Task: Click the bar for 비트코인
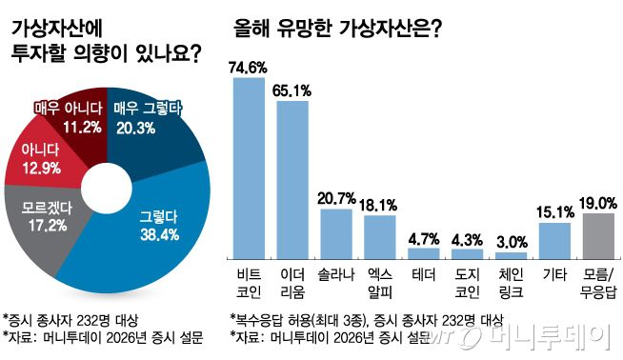pyautogui.click(x=249, y=168)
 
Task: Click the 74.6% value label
pyautogui.click(x=249, y=67)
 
